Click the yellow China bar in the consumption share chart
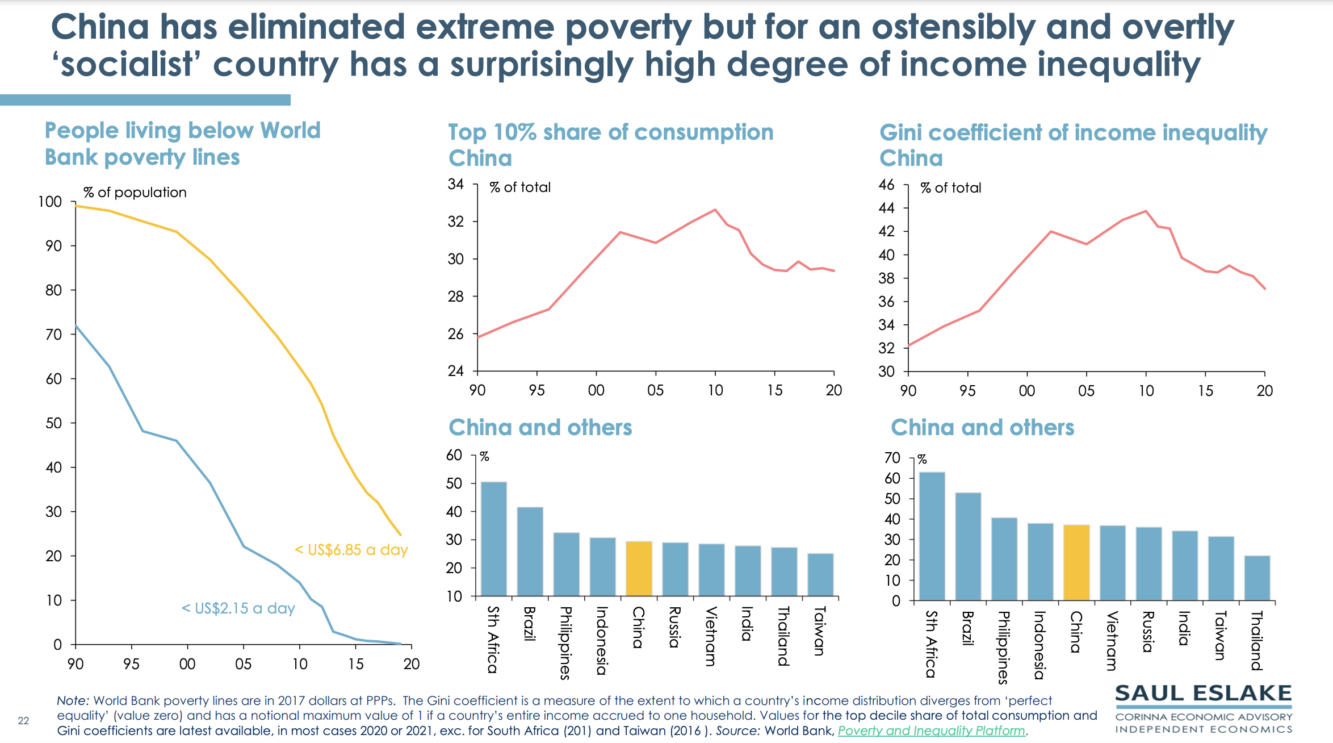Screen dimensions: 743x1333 639,569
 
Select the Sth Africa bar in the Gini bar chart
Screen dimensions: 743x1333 932,536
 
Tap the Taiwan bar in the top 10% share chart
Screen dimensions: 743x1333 820,574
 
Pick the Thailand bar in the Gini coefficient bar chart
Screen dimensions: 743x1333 1257,578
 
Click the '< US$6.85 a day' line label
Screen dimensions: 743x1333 351,550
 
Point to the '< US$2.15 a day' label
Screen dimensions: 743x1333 238,608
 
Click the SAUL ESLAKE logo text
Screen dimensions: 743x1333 1203,694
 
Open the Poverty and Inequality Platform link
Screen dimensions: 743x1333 931,731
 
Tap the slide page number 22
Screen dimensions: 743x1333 23,721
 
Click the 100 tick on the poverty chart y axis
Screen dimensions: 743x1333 50,202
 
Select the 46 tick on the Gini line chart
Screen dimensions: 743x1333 886,185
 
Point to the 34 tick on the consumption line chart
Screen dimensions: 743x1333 455,184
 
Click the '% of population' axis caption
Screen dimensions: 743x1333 135,193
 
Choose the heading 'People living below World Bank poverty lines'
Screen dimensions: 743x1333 182,144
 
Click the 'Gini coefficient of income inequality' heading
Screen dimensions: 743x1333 1073,133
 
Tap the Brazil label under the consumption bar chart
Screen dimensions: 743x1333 530,624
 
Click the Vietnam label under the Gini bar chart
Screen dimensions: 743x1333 1112,640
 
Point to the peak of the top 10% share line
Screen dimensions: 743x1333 715,210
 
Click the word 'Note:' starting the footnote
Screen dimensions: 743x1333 73,701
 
